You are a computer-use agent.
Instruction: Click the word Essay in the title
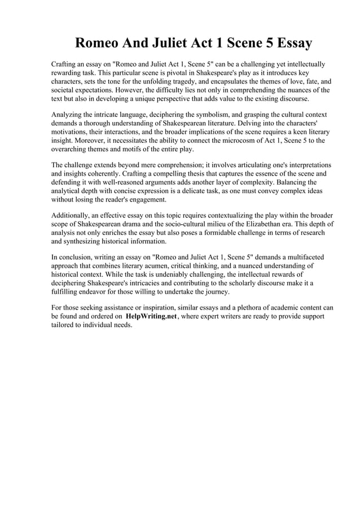[288, 43]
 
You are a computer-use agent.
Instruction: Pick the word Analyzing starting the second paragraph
[69, 115]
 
